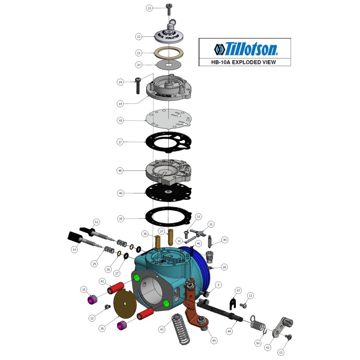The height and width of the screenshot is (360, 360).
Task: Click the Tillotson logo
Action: pyautogui.click(x=245, y=48)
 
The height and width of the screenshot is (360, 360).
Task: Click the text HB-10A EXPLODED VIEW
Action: pyautogui.click(x=245, y=63)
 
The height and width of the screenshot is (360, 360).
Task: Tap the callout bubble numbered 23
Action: pyautogui.click(x=150, y=8)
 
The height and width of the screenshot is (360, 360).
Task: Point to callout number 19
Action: pyautogui.click(x=120, y=104)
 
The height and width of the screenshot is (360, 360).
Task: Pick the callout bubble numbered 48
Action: pyautogui.click(x=120, y=171)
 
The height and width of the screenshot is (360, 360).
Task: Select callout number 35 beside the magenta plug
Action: pyautogui.click(x=84, y=289)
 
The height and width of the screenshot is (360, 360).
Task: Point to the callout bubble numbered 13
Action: pyautogui.click(x=281, y=352)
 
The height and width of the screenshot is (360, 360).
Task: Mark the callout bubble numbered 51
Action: pyautogui.click(x=96, y=222)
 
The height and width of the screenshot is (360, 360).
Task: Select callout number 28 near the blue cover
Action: pyautogui.click(x=224, y=267)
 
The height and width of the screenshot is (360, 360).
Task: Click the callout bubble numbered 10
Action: pyautogui.click(x=74, y=249)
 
